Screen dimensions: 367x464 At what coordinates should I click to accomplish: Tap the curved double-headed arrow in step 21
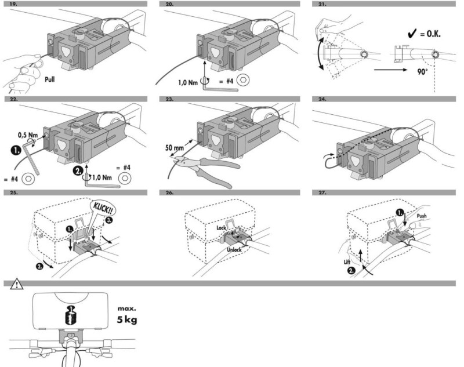pos(320,54)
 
